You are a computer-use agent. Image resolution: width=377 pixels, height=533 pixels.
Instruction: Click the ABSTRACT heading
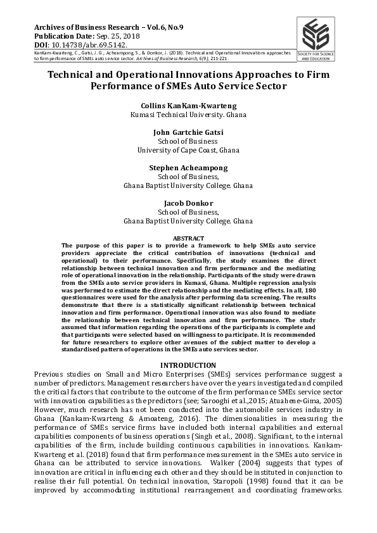(x=188, y=237)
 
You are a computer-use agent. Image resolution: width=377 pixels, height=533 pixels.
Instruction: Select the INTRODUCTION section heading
(x=188, y=365)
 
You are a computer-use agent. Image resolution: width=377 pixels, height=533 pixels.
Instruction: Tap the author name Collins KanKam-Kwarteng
(x=188, y=106)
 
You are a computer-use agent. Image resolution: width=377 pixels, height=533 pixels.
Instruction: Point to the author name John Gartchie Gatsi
(x=188, y=132)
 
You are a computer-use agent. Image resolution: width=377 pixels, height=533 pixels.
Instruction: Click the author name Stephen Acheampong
(x=188, y=168)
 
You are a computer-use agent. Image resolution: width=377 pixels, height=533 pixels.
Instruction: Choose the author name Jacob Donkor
(x=188, y=203)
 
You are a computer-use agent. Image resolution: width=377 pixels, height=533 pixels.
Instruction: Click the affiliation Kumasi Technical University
(x=188, y=115)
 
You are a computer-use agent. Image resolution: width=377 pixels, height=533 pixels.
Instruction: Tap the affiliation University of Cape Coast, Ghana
(x=188, y=151)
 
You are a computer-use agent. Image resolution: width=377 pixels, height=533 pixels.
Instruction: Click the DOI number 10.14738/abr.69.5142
(x=84, y=46)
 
